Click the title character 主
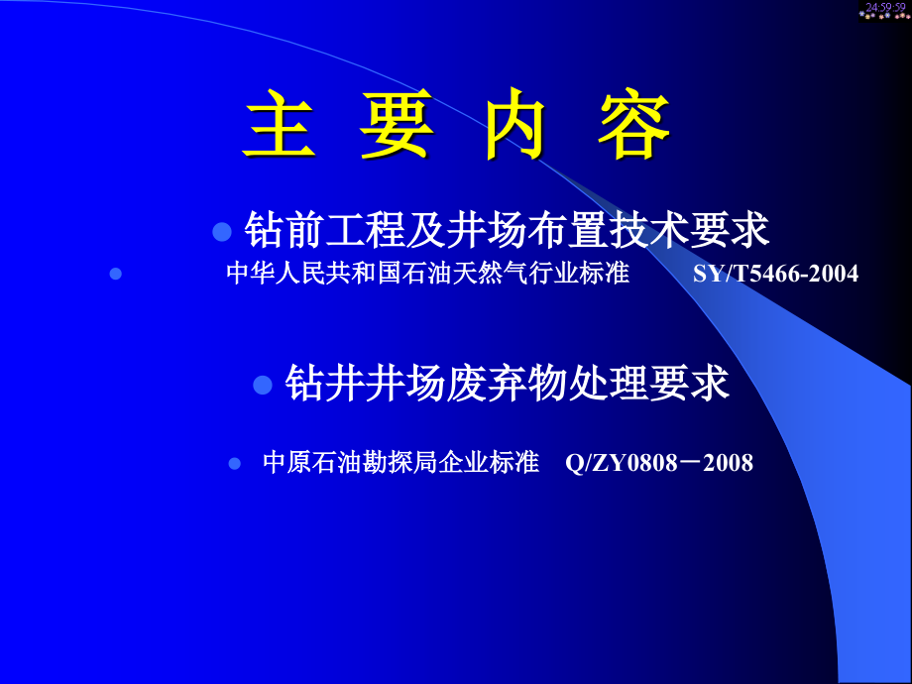(279, 127)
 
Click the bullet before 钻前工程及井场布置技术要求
(223, 232)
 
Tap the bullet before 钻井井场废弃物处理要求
(263, 385)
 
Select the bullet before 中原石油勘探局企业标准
(235, 463)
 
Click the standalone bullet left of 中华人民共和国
(115, 274)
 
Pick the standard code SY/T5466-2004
(776, 274)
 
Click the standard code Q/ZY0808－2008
(659, 463)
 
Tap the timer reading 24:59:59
(884, 8)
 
